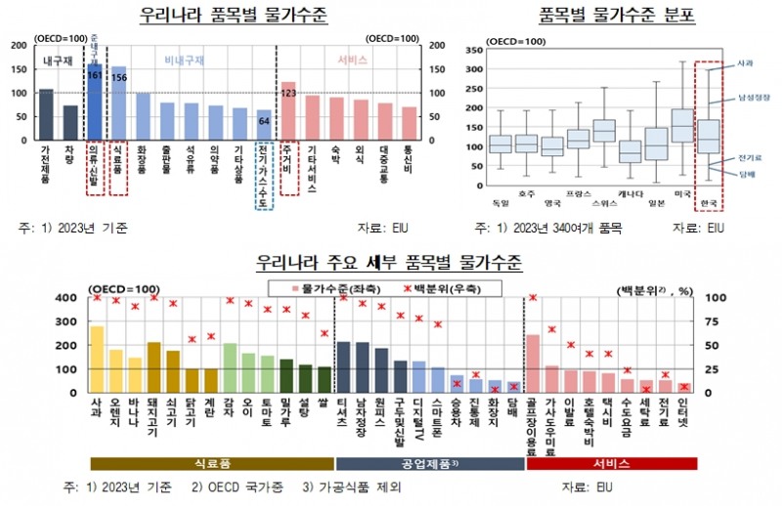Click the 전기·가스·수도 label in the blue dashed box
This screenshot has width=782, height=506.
pos(263,167)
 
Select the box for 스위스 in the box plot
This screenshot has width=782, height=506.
pos(604,130)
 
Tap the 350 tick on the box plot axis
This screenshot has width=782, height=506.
pos(473,50)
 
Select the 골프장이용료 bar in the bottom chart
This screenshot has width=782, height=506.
pos(533,362)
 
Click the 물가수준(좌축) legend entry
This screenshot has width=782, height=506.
pos(328,288)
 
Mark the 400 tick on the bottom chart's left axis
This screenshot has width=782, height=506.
pos(73,298)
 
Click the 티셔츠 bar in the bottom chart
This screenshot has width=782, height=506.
pos(343,366)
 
